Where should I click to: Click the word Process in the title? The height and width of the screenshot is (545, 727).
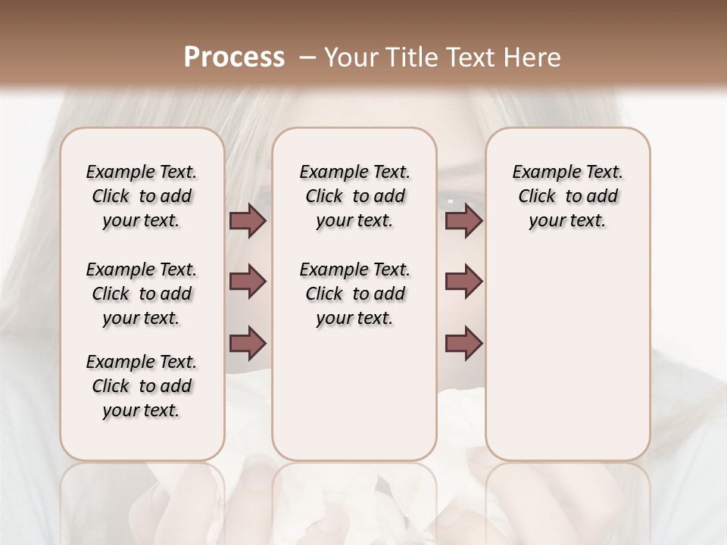[234, 57]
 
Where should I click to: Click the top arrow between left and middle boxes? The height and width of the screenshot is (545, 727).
[248, 221]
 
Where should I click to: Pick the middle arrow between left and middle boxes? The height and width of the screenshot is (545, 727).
[248, 282]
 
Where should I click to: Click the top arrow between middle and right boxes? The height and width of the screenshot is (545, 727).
[463, 221]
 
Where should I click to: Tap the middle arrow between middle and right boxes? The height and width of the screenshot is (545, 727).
[463, 282]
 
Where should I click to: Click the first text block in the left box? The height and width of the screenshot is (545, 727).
[142, 196]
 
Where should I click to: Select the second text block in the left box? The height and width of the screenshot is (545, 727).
[142, 294]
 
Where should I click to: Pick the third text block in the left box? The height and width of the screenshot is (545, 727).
[142, 386]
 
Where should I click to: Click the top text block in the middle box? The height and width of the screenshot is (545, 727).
[354, 196]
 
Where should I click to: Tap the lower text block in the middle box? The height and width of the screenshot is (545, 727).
[354, 294]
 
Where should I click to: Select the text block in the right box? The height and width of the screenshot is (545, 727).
[568, 196]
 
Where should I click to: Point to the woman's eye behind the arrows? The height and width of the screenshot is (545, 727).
[454, 201]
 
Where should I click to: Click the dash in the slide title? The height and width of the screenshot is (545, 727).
[307, 57]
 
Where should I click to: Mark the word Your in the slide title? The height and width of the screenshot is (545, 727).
[350, 57]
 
